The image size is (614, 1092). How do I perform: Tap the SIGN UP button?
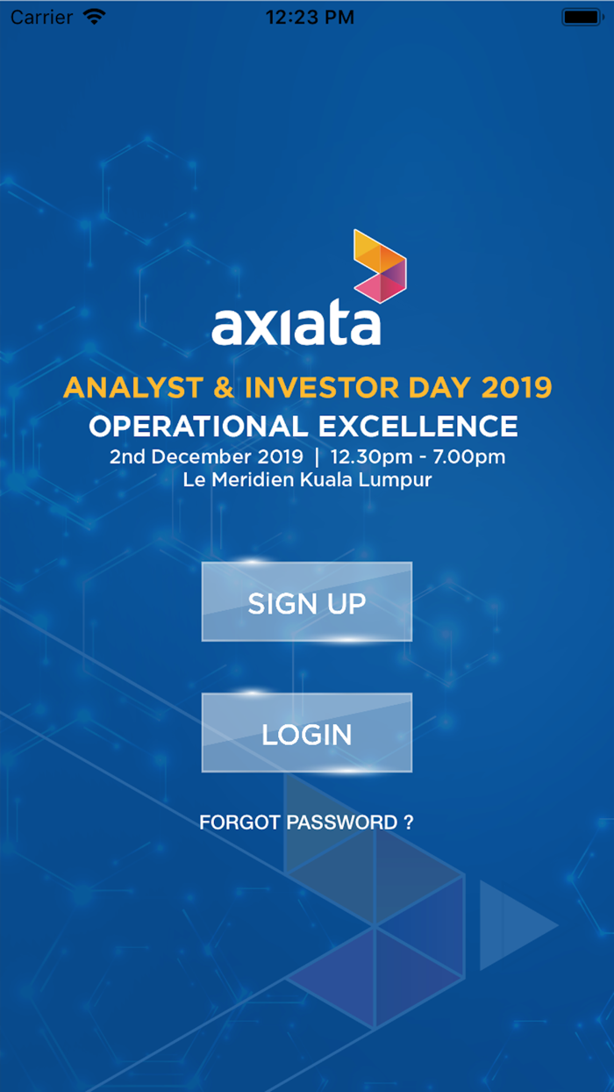(x=307, y=601)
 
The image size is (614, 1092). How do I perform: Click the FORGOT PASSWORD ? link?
(x=306, y=823)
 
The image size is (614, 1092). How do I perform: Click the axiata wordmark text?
(x=296, y=326)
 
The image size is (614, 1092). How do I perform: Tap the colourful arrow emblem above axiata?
(x=380, y=266)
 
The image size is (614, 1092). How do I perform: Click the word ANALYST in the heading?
(x=133, y=388)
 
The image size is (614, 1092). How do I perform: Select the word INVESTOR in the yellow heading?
(x=322, y=388)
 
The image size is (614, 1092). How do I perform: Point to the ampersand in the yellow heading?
(x=224, y=388)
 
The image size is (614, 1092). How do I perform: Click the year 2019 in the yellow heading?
(x=517, y=388)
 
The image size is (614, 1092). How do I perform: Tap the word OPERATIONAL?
(x=198, y=427)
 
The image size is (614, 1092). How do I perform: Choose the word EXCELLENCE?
(x=418, y=427)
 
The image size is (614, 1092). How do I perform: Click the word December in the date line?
(x=201, y=457)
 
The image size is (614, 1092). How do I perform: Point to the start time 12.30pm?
(x=372, y=457)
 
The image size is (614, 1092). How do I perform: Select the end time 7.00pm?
(x=468, y=457)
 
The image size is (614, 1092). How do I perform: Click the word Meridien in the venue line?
(x=253, y=480)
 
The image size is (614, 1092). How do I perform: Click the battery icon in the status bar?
(x=582, y=18)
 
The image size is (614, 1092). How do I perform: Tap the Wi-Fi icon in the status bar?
(x=94, y=17)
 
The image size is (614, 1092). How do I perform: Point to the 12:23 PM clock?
(x=310, y=18)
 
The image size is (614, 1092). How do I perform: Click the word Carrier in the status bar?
(x=41, y=18)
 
